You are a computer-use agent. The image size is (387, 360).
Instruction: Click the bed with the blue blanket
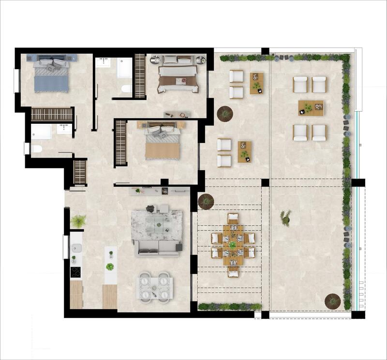pos(51,77)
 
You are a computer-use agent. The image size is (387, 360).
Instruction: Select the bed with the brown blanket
pos(178,77)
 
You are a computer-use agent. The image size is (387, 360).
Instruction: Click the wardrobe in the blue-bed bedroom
pos(52,114)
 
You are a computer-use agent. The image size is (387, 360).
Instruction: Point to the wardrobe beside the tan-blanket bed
pos(120,143)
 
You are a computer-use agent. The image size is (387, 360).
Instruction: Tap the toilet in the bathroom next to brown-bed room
pos(126,88)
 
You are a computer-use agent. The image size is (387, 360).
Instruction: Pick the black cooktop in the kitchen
pos(76,272)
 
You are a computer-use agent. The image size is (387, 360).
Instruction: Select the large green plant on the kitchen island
pos(110,266)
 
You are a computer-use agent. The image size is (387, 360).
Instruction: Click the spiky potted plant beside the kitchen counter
pos(78,221)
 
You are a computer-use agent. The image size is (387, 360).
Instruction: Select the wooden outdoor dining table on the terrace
pos(233,244)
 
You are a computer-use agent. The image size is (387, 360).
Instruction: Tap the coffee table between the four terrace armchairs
pos(311,108)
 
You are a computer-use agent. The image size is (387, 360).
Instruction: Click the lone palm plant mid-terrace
pos(285,217)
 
